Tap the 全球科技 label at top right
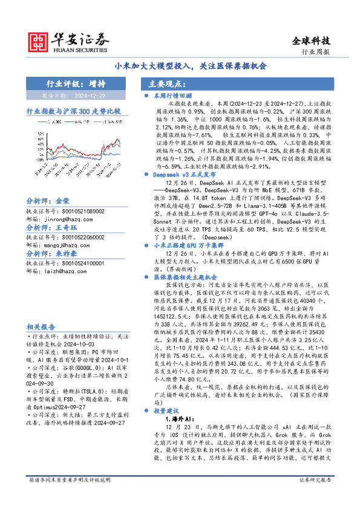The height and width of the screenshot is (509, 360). pos(312,41)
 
